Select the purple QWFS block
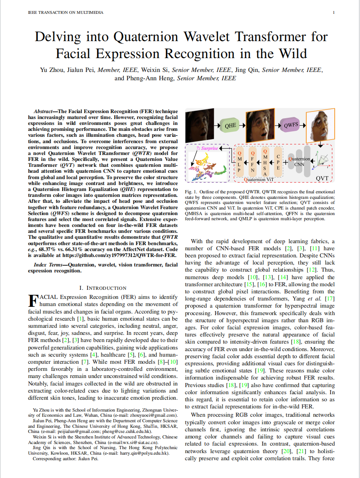coord(291,126)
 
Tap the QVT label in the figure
coord(322,178)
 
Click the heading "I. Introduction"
coord(103,288)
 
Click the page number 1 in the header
coord(334,13)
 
